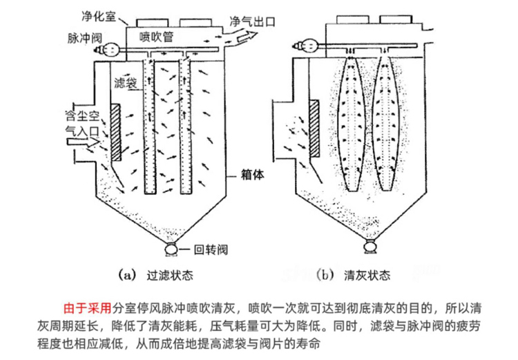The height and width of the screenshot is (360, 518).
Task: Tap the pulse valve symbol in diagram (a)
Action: tap(108, 48)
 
